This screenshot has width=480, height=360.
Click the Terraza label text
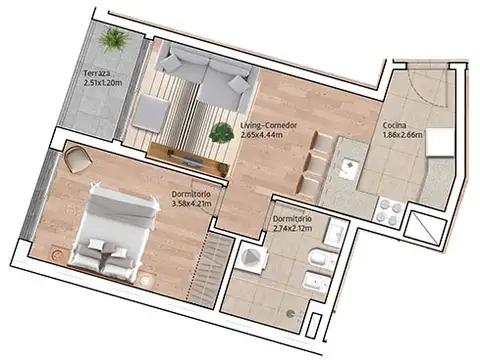click(97, 74)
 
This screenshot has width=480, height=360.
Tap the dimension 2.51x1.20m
click(103, 84)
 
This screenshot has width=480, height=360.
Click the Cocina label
click(394, 125)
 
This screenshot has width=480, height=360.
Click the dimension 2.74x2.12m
click(292, 228)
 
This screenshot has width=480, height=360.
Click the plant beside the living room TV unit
click(220, 131)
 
